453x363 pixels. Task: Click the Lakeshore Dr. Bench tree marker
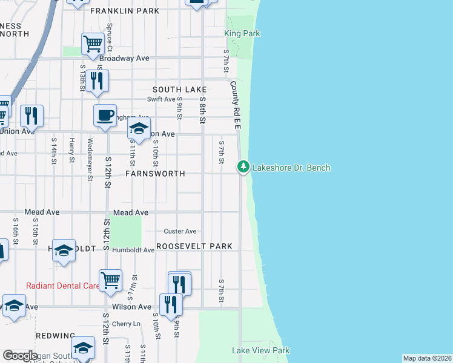pos(243,166)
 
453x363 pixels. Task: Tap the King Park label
pos(242,34)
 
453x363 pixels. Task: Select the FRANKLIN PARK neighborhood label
pos(125,11)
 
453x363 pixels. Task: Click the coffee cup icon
pos(105,115)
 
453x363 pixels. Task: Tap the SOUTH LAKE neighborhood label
pos(180,90)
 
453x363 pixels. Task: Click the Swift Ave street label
pos(161,99)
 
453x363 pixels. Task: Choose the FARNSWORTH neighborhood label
pos(155,174)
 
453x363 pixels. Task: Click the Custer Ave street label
pos(180,231)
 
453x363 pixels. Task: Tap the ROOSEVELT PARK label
pos(194,246)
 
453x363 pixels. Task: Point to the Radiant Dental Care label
pos(62,286)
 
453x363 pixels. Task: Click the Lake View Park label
pos(261,350)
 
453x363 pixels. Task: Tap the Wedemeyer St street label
pos(89,160)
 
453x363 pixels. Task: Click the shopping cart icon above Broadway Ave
pos(93,43)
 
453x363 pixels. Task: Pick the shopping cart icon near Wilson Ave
pos(110,280)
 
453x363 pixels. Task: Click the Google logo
pos(20,356)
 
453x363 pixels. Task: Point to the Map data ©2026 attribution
pos(426,358)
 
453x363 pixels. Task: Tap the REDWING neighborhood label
pos(56,336)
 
